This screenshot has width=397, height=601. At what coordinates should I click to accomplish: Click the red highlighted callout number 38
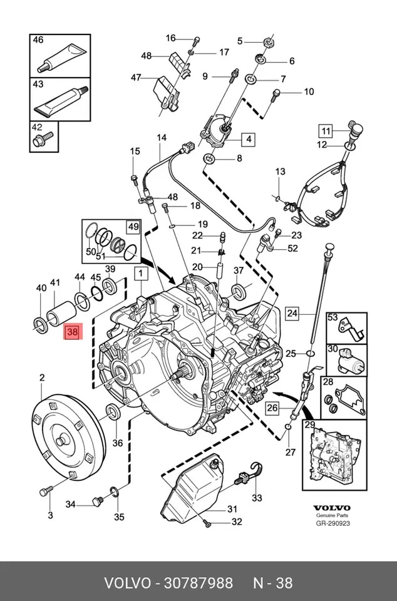click(72, 333)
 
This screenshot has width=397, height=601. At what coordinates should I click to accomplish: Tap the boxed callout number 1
click(140, 274)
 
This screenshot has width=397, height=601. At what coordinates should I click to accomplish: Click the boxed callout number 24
click(292, 312)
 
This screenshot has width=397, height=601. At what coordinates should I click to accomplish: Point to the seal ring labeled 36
click(113, 412)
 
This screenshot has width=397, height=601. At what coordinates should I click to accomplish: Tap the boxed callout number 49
click(133, 226)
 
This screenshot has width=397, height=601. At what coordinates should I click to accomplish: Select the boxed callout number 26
click(272, 409)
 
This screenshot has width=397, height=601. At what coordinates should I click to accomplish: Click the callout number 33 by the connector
click(257, 498)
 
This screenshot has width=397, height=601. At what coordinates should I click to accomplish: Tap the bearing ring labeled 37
click(239, 291)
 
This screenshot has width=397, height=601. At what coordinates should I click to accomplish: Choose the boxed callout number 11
click(325, 131)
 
